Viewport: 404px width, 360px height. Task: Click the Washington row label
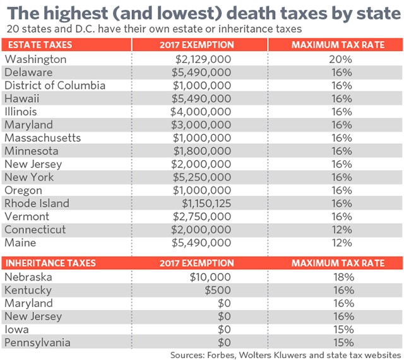tap(35, 59)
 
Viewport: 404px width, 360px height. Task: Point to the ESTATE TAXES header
tap(39, 45)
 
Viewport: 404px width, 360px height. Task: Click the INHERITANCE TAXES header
tap(51, 263)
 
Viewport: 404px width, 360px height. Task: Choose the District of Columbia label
tap(55, 85)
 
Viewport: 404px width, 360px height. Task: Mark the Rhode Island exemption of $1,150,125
tap(207, 204)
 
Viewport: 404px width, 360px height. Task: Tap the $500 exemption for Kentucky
tap(218, 290)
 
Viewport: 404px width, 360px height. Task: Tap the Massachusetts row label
tap(43, 138)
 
